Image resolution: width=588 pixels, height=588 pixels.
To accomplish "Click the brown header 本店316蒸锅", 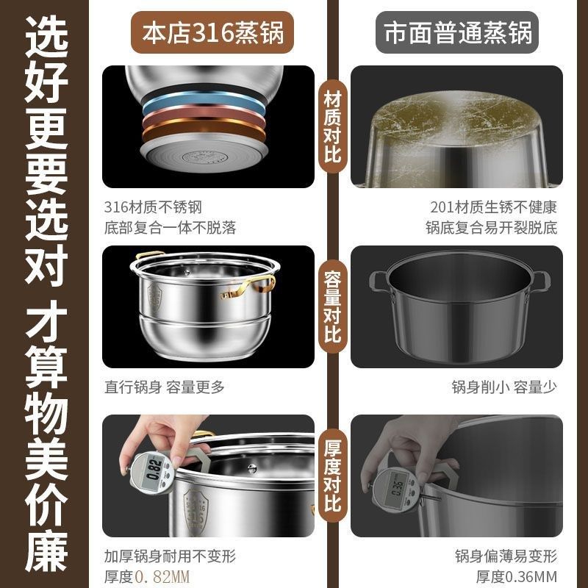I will pyautogui.click(x=208, y=33).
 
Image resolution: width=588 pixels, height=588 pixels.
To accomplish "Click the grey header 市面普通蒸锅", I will pyautogui.click(x=456, y=33).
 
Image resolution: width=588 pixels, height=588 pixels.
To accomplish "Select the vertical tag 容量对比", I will pyautogui.click(x=332, y=306).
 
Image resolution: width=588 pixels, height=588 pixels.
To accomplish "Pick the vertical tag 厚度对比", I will pyautogui.click(x=332, y=476).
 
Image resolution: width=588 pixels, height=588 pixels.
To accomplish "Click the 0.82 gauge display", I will pyautogui.click(x=154, y=467).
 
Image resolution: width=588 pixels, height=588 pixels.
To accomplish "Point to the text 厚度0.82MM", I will pyautogui.click(x=147, y=576).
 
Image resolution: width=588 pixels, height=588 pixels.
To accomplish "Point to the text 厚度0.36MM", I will pyautogui.click(x=517, y=576).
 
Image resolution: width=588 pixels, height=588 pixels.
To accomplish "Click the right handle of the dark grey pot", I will pyautogui.click(x=540, y=280).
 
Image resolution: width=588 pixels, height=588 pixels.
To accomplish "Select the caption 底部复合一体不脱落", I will pyautogui.click(x=171, y=228).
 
